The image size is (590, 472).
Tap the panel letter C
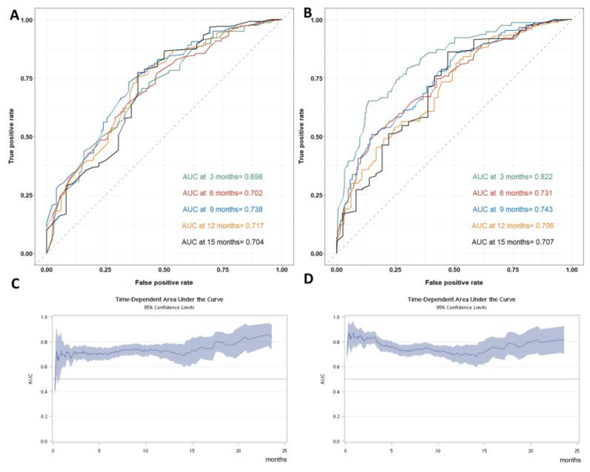[x=15, y=285]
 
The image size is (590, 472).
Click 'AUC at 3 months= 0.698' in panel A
[x=222, y=177]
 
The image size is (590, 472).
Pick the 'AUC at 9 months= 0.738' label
[x=222, y=209]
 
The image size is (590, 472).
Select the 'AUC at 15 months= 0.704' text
[x=222, y=242]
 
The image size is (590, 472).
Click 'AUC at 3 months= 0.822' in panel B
[x=512, y=177]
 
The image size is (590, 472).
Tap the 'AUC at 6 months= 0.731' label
[x=512, y=193]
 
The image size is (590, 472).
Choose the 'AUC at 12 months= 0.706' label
[x=512, y=226]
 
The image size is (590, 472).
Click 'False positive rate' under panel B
[x=454, y=282]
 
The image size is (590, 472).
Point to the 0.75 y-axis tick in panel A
[x=27, y=78]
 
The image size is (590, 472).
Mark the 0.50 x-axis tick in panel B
[x=454, y=270]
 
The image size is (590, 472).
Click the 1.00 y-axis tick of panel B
[x=317, y=20]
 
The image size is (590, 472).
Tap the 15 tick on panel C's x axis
[x=192, y=451]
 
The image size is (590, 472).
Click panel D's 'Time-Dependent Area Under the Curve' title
[x=462, y=300]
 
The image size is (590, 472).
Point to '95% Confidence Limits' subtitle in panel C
[x=169, y=307]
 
